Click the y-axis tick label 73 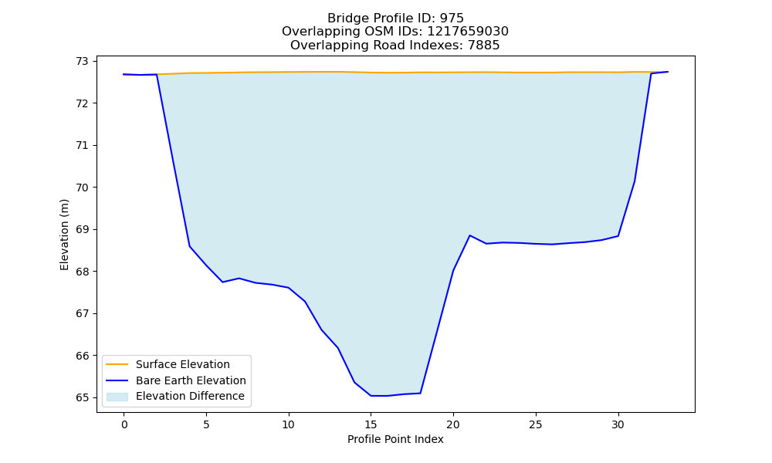(82, 62)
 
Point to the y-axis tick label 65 (82, 397)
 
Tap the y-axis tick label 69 (82, 230)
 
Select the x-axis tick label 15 (371, 424)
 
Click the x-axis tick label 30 (618, 424)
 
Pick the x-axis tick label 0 (124, 424)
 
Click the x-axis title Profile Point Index (395, 439)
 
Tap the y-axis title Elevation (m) (64, 235)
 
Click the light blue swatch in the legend (117, 397)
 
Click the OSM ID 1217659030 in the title (467, 32)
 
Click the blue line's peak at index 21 (469, 235)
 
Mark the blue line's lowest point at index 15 (371, 396)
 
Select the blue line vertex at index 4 (190, 246)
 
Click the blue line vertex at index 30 (618, 236)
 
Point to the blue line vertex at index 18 (420, 393)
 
